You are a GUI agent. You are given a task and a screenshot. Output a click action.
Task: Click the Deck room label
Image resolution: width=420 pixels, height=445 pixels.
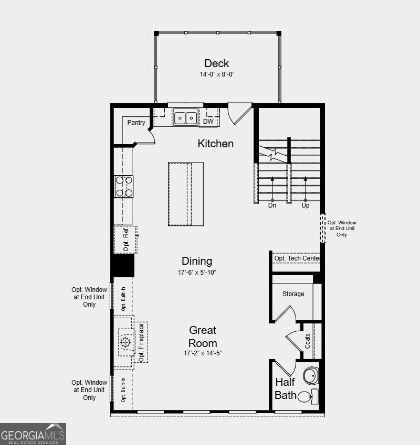click(x=216, y=63)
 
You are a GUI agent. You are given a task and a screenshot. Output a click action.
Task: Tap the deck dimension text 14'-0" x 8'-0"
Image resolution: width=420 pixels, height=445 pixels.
click(x=216, y=74)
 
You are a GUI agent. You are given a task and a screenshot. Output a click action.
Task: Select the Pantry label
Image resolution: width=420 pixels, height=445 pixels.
click(x=136, y=123)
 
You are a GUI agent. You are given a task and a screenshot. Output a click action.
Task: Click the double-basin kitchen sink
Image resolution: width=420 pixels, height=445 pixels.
click(x=185, y=118)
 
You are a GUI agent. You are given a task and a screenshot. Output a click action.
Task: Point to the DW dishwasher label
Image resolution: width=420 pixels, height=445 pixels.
click(x=208, y=122)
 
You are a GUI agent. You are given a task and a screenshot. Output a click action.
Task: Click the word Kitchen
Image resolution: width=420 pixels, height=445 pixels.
click(x=215, y=144)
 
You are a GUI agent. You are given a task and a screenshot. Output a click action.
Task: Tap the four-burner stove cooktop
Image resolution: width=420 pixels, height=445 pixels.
click(x=124, y=186)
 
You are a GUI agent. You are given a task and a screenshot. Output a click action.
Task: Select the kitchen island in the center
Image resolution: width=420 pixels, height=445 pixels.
click(x=186, y=194)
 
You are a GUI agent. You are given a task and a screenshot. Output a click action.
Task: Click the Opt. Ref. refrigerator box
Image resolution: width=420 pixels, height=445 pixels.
click(x=125, y=240)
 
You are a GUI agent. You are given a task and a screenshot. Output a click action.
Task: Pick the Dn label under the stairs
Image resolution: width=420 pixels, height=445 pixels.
click(x=272, y=206)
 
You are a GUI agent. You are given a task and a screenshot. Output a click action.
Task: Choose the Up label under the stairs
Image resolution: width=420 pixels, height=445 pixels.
click(x=306, y=206)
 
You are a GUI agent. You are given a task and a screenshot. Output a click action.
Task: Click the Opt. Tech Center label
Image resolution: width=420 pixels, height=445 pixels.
click(x=297, y=258)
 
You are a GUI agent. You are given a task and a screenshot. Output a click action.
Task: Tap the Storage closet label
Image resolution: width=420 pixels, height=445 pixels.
click(x=293, y=294)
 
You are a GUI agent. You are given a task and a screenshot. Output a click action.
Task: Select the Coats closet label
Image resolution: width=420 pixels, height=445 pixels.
click(x=308, y=341)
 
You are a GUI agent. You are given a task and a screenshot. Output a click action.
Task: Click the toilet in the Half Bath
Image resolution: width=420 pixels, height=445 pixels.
click(x=308, y=396)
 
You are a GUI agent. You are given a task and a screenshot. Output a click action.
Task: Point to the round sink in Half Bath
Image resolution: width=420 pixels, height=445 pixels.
click(x=310, y=375)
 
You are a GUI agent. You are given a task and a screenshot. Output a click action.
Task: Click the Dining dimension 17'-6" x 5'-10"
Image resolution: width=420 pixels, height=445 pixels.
click(x=197, y=273)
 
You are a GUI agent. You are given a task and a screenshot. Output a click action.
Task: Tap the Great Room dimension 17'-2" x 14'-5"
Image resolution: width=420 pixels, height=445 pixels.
click(x=203, y=353)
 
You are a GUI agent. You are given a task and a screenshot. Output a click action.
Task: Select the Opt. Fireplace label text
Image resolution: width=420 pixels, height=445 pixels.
click(x=141, y=342)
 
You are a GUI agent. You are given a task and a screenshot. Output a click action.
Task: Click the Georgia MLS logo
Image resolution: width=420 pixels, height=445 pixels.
click(x=33, y=434)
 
